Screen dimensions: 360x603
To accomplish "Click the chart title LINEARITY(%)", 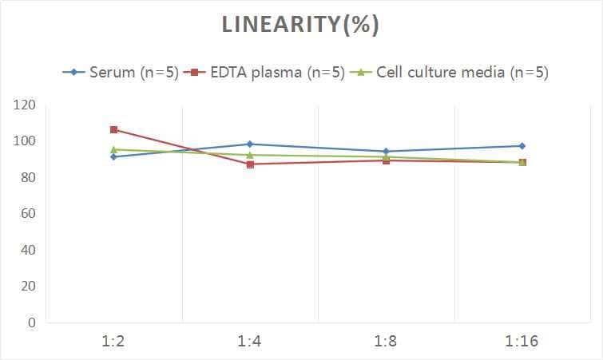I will point(300,25).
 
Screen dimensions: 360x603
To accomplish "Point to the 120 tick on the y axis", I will point(25,105).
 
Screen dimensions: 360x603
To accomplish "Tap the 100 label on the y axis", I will point(25,141).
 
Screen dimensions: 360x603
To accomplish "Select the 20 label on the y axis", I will point(28,287).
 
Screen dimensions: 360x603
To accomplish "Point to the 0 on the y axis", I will point(32,322).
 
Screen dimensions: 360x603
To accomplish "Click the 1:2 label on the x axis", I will point(114,342).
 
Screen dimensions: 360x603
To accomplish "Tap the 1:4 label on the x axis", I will point(250,342).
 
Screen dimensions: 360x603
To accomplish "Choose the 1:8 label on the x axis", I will point(387,342).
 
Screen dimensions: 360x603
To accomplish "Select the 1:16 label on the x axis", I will point(522,342).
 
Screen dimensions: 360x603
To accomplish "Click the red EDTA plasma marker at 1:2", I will point(114,129).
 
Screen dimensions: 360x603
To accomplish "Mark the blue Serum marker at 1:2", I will point(114,156).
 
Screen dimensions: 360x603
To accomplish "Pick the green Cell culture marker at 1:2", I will point(114,149).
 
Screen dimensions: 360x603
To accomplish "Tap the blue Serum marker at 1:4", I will point(250,144).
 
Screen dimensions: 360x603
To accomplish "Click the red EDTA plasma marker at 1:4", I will point(250,164).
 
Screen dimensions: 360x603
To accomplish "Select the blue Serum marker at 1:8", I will point(387,152).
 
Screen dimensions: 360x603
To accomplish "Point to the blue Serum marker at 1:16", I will point(522,146).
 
